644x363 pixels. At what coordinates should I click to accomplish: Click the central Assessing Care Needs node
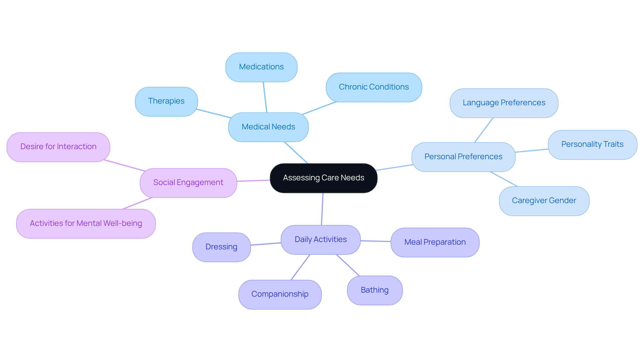pos(323,178)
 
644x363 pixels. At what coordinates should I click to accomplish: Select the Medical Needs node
pos(268,127)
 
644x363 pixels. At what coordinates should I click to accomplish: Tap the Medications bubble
pos(261,67)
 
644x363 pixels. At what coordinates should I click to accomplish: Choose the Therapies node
pos(166,101)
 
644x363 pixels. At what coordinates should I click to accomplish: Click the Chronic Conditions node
pos(374,87)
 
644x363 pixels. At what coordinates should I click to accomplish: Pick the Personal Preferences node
pos(463,157)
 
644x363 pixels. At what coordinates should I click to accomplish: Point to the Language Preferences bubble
pos(504,103)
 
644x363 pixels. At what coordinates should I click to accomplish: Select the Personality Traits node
pos(592,144)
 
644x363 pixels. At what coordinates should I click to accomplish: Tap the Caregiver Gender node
pos(544,201)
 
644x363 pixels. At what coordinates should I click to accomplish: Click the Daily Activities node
pos(321,240)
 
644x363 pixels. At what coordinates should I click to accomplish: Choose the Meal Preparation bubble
pos(435,242)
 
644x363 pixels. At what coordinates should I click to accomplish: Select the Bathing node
pos(375,290)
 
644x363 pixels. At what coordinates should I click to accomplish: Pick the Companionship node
pos(280,294)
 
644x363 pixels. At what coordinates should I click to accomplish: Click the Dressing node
pos(221,247)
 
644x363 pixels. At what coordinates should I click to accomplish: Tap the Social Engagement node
pos(188,183)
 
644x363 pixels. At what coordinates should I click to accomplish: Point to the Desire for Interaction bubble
pos(58,147)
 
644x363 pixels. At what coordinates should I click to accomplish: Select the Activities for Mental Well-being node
pos(86,224)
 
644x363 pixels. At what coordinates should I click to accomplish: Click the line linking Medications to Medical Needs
pos(265,97)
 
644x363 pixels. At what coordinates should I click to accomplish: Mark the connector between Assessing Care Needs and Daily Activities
pos(322,209)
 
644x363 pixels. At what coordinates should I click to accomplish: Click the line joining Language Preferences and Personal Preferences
pos(484,130)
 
